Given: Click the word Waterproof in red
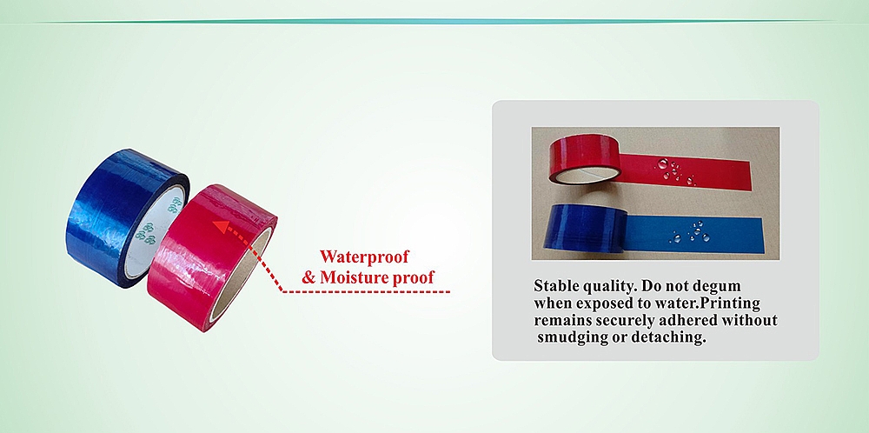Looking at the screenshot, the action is [364, 257].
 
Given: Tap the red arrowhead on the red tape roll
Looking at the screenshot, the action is [222, 227].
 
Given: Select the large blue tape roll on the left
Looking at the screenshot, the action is [128, 217].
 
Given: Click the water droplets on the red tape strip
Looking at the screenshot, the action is [675, 171].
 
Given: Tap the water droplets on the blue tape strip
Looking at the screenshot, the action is [690, 232].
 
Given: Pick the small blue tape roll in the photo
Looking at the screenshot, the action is [585, 228].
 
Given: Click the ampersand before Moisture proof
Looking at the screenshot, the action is [308, 277].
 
